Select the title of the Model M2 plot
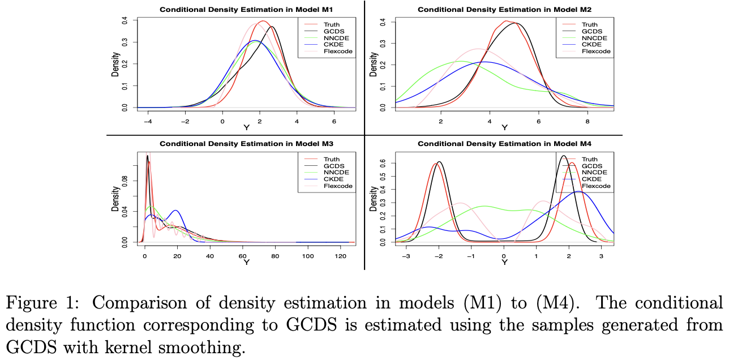point(504,10)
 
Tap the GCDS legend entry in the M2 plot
point(592,31)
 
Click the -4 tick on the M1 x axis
point(148,122)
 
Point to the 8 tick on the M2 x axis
point(588,122)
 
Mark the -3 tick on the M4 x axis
point(405,256)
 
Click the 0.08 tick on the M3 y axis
point(126,181)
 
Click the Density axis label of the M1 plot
point(115,64)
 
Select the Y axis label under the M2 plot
point(504,128)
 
